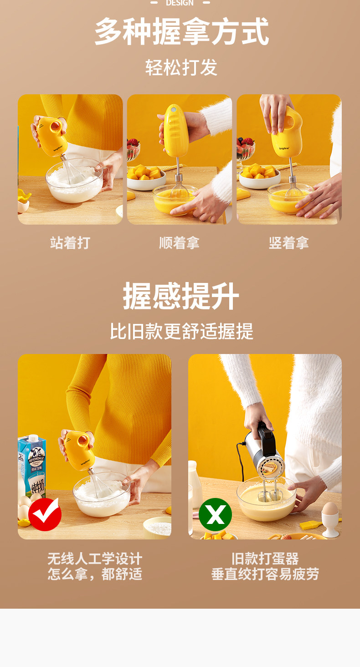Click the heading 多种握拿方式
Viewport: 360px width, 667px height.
tap(181, 32)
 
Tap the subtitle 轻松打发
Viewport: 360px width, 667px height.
tap(181, 67)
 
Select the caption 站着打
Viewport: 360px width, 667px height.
tap(70, 243)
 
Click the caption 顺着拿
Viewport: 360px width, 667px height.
tap(179, 243)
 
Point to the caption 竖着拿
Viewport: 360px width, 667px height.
tap(288, 243)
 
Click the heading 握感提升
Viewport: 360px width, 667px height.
tap(181, 297)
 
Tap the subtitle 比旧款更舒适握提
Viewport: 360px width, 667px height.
tap(181, 331)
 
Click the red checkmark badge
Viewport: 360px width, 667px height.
tap(45, 514)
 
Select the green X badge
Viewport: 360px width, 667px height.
tap(215, 514)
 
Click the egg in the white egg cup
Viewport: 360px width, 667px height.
tap(330, 510)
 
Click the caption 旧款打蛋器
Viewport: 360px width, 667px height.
tap(265, 559)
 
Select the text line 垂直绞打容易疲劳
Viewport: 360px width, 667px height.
tap(265, 574)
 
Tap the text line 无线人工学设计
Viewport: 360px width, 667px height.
tap(95, 559)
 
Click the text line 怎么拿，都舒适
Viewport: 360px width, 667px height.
tap(95, 574)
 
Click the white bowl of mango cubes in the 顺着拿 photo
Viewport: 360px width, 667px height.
tap(146, 178)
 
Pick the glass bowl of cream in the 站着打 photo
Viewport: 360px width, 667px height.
tap(75, 182)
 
